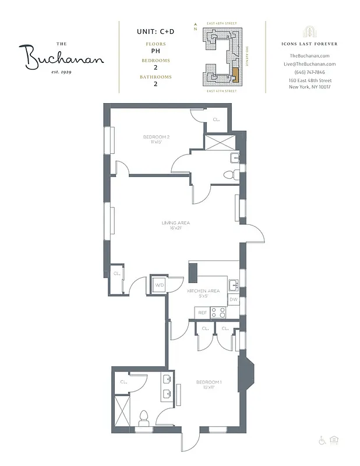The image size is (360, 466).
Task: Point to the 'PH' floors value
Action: click(x=155, y=51)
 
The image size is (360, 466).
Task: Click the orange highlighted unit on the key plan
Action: click(x=235, y=74)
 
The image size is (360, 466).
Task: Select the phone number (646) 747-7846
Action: click(x=309, y=72)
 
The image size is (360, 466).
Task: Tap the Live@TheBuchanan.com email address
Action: click(x=309, y=63)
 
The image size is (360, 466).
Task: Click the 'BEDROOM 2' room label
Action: click(x=156, y=137)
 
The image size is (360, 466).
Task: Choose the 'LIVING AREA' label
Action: click(x=175, y=223)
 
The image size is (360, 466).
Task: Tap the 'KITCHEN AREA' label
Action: click(x=203, y=290)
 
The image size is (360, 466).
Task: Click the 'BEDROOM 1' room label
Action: click(x=209, y=382)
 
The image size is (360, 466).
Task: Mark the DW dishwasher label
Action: click(x=233, y=299)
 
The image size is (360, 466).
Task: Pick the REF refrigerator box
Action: click(x=202, y=313)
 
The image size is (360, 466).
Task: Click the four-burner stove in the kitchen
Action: click(x=218, y=312)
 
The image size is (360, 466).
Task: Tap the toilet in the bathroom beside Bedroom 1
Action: click(x=144, y=417)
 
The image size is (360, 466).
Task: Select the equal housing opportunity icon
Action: click(x=334, y=440)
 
